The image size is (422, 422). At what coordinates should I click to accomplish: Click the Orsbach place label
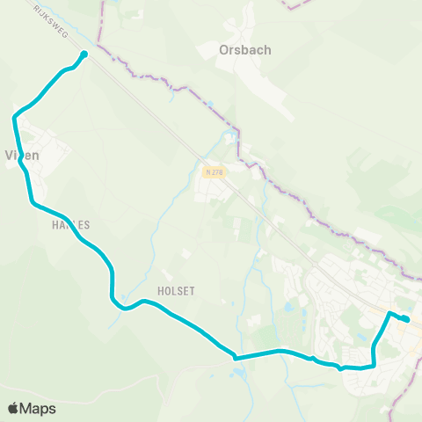244,51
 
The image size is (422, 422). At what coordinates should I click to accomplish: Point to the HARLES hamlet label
65,225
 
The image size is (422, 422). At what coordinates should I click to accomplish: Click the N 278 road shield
212,172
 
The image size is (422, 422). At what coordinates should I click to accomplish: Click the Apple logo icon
14,408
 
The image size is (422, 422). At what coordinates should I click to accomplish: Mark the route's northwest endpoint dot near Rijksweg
84,55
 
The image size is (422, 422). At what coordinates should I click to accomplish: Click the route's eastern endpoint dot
406,319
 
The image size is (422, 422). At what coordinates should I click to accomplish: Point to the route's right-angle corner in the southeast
375,365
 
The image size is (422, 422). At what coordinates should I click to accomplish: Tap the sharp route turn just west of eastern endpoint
389,313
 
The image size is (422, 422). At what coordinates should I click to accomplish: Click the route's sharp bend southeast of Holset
235,357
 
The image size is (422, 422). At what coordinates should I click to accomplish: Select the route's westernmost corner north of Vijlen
15,117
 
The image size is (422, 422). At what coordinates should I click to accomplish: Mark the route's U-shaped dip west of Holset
123,308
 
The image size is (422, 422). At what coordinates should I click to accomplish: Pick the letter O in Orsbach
223,51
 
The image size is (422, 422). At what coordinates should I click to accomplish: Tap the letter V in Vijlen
10,155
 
